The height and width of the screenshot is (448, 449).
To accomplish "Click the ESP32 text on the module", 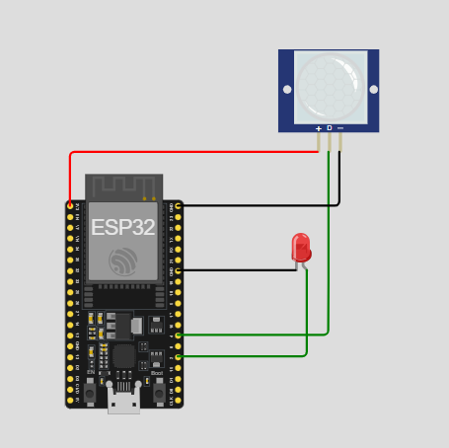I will [x=122, y=226].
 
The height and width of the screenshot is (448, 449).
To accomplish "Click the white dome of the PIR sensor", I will [x=329, y=86].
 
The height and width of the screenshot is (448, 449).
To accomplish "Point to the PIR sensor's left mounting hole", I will [x=287, y=90].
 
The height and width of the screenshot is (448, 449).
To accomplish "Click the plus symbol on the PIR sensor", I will [x=318, y=128].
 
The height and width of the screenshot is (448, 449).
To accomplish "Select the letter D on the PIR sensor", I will [x=329, y=128].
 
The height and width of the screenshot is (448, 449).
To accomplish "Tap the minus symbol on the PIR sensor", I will [x=340, y=128].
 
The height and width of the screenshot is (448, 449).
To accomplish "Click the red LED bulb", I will [x=301, y=246].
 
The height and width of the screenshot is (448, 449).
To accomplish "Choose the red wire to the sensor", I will [x=197, y=152].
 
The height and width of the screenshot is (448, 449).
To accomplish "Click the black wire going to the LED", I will [x=237, y=269].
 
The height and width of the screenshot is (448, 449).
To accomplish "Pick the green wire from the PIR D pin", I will [x=329, y=247].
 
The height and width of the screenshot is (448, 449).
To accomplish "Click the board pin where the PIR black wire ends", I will [x=179, y=205].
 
